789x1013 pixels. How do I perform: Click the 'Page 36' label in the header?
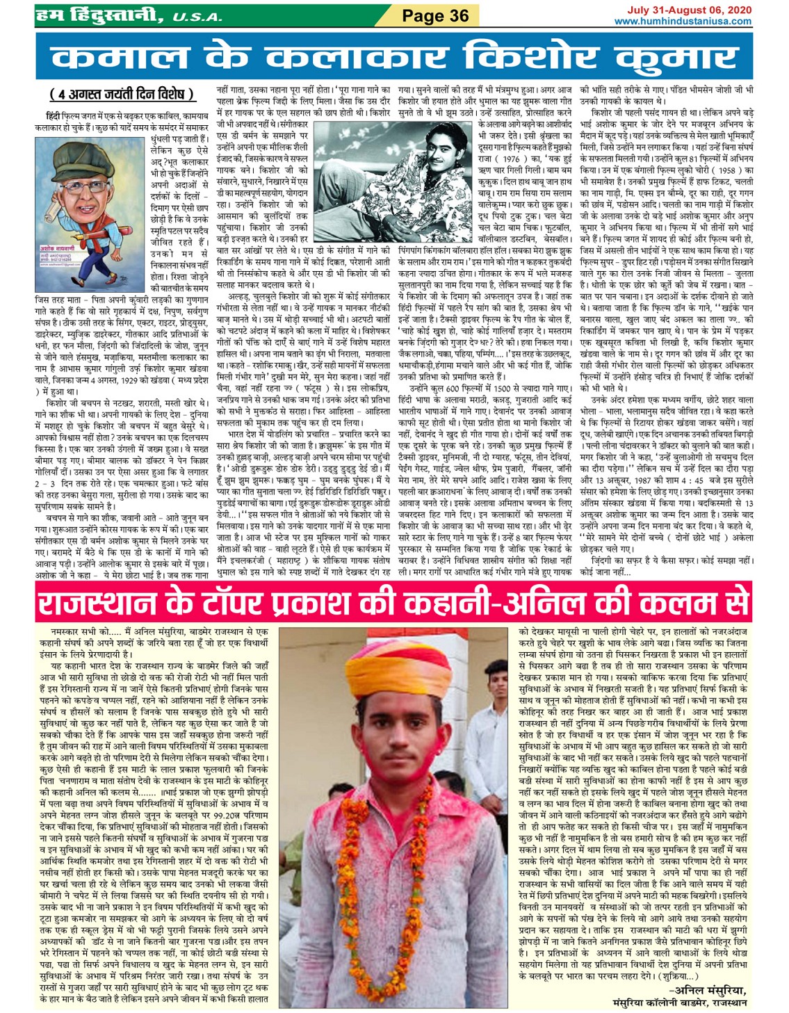click(x=435, y=15)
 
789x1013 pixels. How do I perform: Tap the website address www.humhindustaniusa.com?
click(x=683, y=21)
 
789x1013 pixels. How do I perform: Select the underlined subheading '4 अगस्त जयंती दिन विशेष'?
click(x=121, y=94)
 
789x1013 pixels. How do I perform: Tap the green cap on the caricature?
click(x=73, y=156)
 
